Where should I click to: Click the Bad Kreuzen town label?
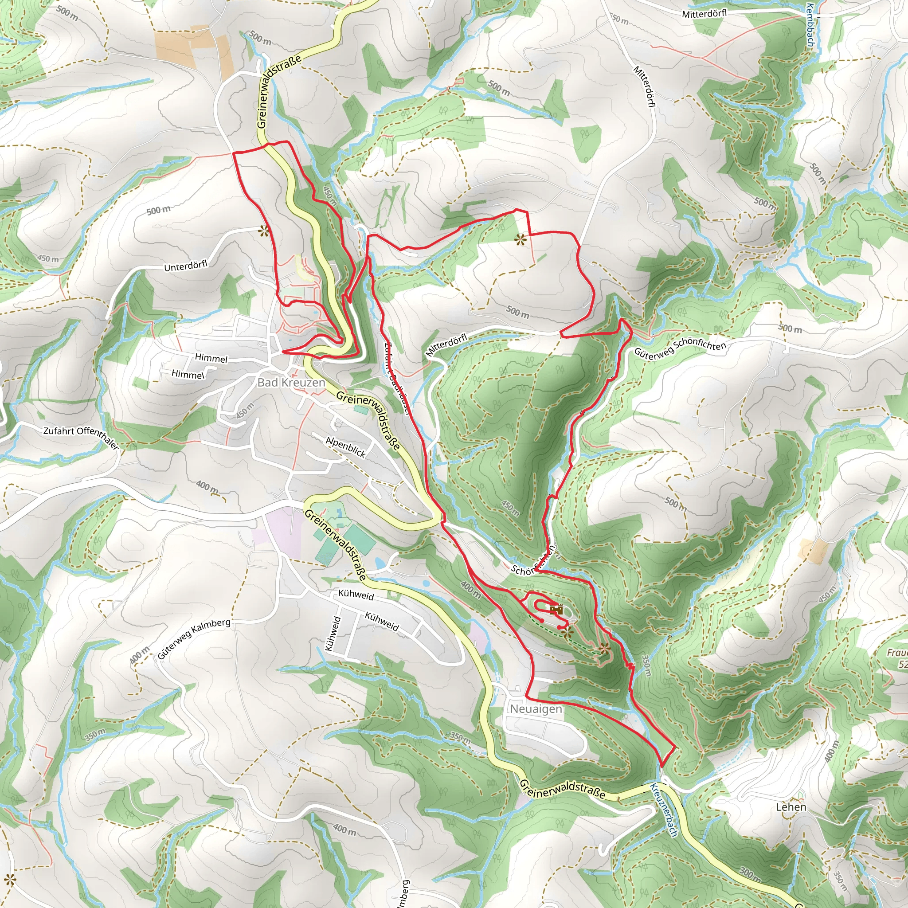click(x=291, y=383)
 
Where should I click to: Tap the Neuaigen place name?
click(x=536, y=709)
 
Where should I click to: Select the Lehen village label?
click(x=791, y=807)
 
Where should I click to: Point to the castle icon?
click(x=556, y=610)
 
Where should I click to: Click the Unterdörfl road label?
click(x=186, y=266)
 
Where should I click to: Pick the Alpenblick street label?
click(x=346, y=447)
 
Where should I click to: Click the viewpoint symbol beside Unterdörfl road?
click(x=264, y=230)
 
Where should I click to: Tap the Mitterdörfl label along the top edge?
click(x=704, y=14)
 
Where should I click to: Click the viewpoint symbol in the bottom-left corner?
click(x=9, y=879)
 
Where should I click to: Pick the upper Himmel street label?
click(x=211, y=358)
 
